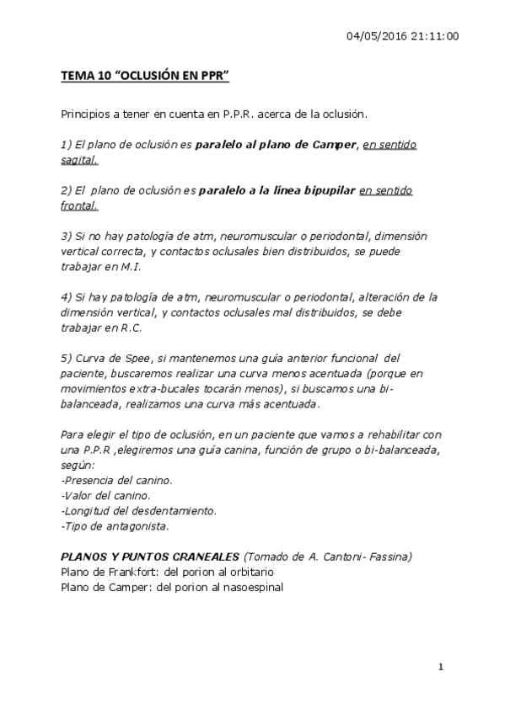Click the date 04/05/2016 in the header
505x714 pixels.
tap(376, 36)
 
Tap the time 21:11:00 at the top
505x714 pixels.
tap(436, 36)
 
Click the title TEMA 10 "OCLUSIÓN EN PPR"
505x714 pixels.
tap(145, 77)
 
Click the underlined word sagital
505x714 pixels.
tap(79, 158)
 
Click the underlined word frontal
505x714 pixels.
tap(79, 205)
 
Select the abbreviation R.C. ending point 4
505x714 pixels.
tap(131, 328)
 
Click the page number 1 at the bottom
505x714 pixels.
tap(440, 668)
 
